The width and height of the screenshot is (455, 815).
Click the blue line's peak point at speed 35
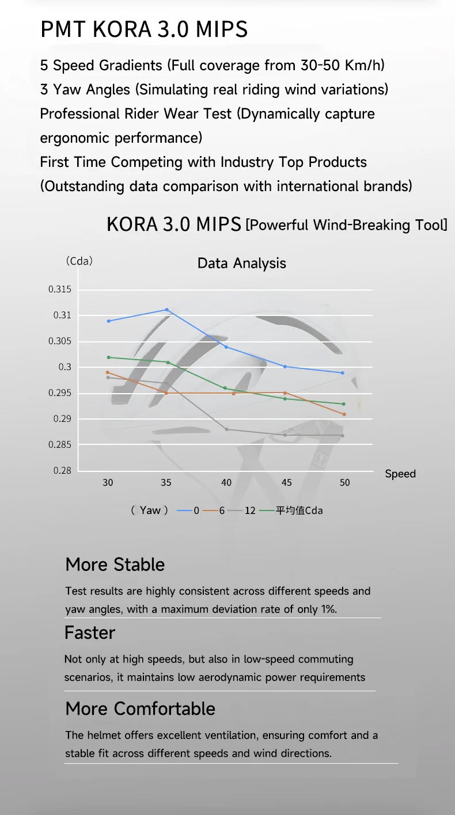pos(167,310)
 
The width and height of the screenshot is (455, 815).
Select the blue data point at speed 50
pos(343,373)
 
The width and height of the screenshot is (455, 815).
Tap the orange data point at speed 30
pos(107,372)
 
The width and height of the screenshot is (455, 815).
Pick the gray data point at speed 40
pos(227,429)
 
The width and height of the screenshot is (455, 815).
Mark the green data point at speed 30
pos(108,357)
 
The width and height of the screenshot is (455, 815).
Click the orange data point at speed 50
pos(344,414)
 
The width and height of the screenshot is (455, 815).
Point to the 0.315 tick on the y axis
pos(60,290)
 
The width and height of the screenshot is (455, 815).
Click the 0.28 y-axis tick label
pos(62,470)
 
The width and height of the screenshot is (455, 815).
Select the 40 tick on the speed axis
pos(226,482)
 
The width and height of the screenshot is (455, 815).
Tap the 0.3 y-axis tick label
pos(65,367)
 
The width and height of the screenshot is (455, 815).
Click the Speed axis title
pos(400,474)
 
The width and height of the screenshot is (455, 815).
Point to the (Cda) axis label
pos(79,261)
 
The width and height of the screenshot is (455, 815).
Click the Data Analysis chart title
pos(242,263)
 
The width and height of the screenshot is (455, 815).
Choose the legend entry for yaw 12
pos(242,511)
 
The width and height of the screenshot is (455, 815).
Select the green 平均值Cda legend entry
pos(291,511)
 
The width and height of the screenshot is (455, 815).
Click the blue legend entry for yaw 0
pos(188,511)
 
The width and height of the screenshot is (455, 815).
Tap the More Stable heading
pos(115,564)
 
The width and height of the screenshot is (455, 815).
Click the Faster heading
pos(90,633)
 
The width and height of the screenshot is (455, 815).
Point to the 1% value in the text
pos(328,609)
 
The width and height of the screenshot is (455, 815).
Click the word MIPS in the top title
pos(222,29)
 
